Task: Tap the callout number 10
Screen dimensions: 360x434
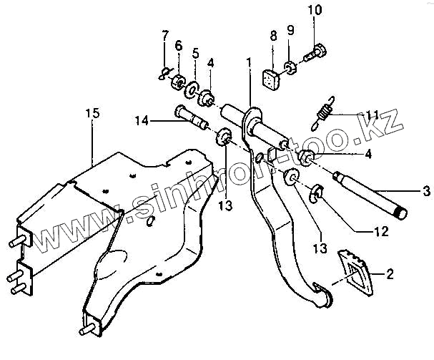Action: [315, 10]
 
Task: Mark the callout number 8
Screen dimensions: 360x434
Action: [273, 34]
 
